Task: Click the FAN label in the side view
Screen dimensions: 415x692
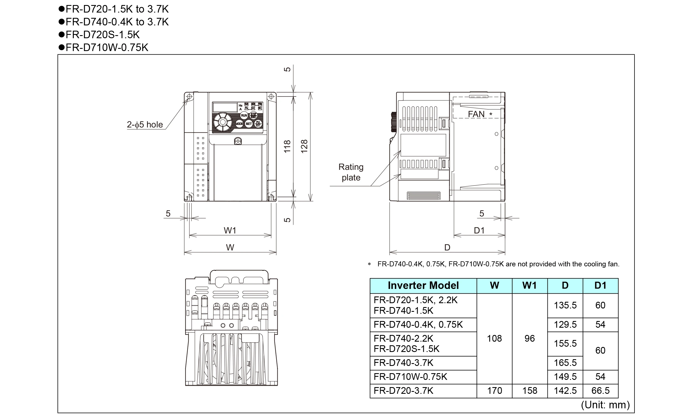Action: point(476,114)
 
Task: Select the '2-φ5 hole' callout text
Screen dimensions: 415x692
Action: point(145,124)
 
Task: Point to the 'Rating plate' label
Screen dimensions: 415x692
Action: point(351,172)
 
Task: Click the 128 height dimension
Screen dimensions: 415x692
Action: point(304,146)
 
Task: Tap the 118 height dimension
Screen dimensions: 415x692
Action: point(287,146)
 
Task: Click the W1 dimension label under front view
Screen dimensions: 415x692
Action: point(230,230)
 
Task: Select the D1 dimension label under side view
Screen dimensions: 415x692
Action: point(479,230)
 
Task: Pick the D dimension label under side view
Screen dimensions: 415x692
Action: point(447,247)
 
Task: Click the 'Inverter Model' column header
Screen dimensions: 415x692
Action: point(423,286)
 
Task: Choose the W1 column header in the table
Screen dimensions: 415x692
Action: point(530,286)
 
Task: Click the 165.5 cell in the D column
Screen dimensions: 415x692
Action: point(565,363)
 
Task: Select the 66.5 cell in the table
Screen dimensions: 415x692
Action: point(600,390)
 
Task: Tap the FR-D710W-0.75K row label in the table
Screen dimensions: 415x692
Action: point(410,377)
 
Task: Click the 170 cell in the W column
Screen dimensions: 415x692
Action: point(494,390)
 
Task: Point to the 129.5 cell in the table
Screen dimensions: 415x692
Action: point(565,324)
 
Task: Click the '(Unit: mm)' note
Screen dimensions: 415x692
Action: point(605,405)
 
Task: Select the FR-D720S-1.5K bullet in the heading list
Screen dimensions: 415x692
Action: point(102,35)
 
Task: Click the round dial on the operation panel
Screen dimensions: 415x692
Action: point(223,122)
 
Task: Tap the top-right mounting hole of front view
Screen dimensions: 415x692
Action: point(271,97)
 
